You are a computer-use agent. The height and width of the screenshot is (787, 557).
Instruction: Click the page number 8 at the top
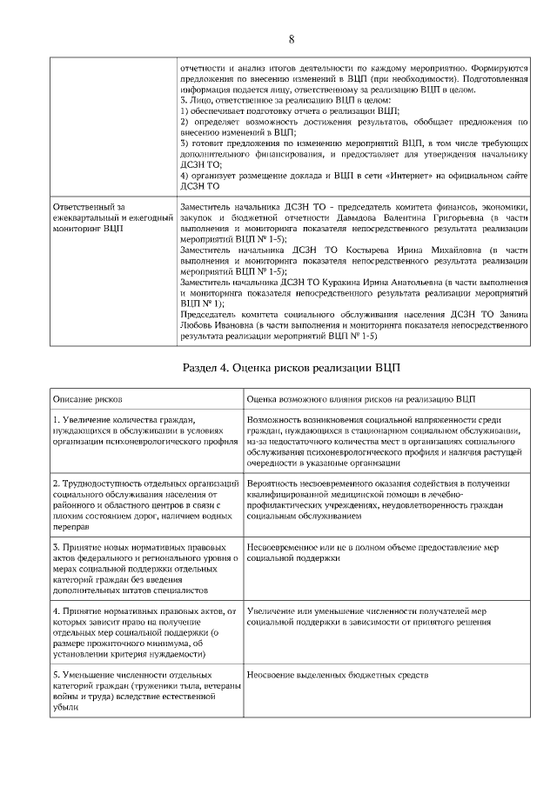tap(291, 39)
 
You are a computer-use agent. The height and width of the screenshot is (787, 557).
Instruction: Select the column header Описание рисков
tap(87, 398)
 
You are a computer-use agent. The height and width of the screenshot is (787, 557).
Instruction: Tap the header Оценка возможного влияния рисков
tap(361, 398)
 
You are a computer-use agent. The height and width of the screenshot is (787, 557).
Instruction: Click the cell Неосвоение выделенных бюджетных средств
tap(339, 675)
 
